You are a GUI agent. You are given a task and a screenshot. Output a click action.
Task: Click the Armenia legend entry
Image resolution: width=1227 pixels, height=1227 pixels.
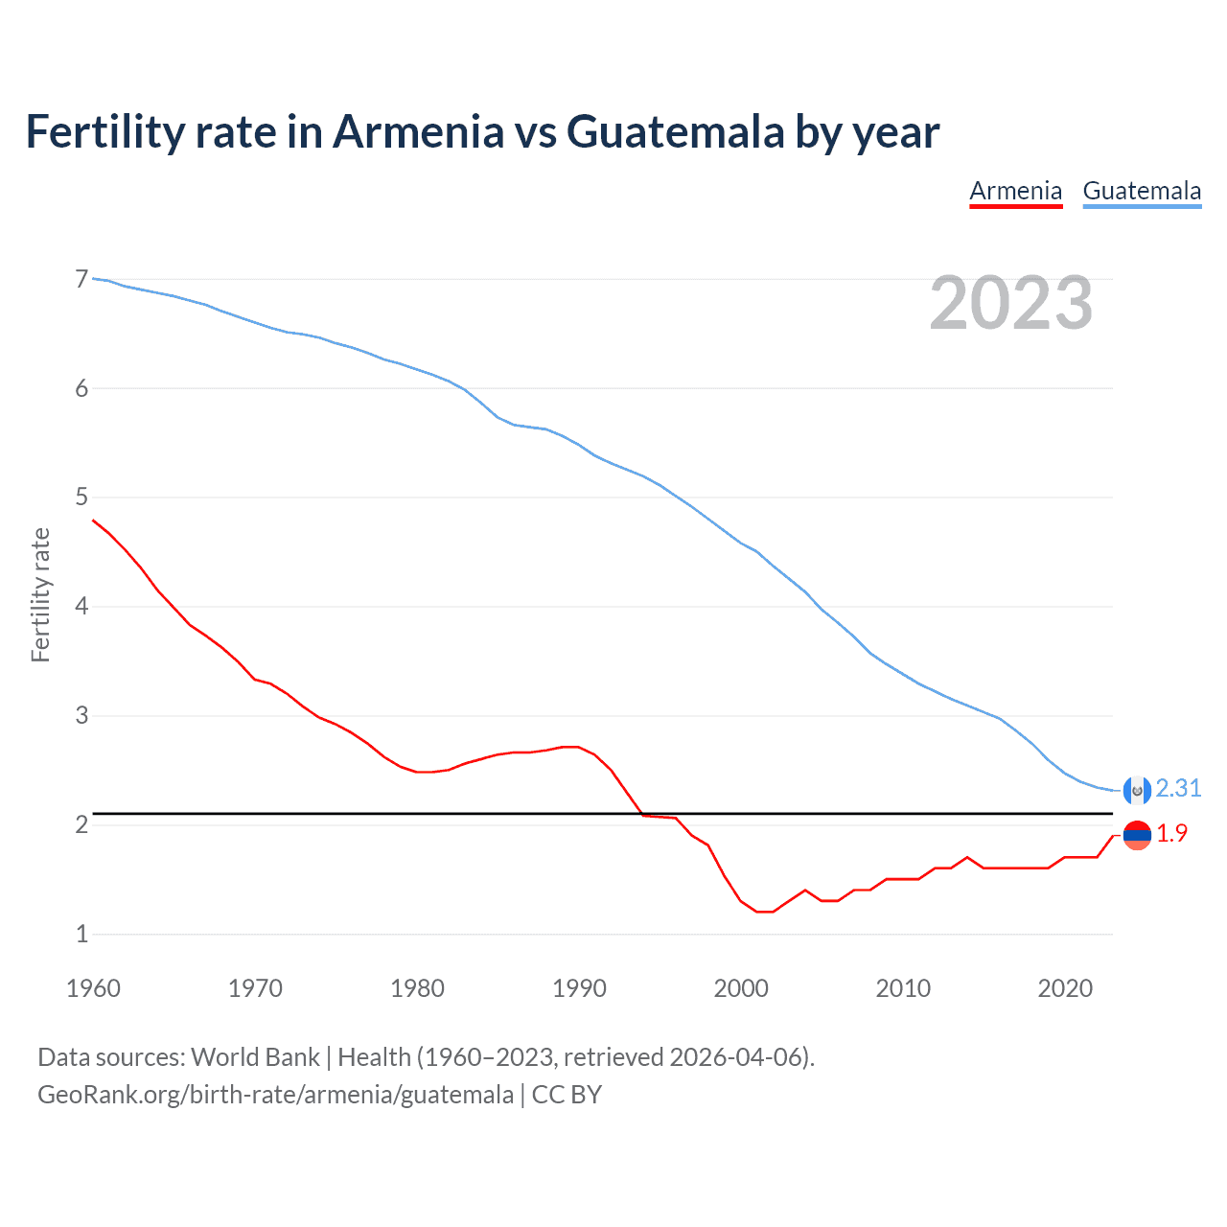click(1015, 191)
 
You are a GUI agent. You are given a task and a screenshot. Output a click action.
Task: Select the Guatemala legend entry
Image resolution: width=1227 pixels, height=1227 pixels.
click(1142, 191)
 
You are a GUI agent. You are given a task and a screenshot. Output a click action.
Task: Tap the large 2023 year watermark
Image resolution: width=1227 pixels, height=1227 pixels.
click(1010, 303)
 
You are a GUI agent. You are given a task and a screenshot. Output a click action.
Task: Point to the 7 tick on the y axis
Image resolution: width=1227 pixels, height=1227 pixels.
click(81, 279)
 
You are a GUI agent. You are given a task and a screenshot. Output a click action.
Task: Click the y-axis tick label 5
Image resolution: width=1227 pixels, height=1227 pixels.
click(81, 497)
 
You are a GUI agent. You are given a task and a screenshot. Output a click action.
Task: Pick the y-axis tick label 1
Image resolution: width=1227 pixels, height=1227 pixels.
click(81, 933)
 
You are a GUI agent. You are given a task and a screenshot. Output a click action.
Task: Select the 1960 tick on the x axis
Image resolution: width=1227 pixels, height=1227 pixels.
click(93, 988)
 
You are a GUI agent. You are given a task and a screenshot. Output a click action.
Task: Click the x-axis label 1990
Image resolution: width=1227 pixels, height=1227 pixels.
click(579, 988)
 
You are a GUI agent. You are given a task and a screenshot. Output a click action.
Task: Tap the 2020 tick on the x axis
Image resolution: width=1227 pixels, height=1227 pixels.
click(1065, 988)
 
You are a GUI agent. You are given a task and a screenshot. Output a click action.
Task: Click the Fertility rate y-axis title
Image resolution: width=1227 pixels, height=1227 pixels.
click(40, 594)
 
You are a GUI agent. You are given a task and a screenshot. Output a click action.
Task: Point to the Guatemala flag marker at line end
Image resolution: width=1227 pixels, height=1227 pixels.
click(1136, 789)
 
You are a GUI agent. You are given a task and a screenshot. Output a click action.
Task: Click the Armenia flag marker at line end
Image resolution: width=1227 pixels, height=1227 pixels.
click(1136, 835)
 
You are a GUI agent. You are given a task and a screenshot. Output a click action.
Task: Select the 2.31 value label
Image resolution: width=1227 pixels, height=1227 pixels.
click(1178, 788)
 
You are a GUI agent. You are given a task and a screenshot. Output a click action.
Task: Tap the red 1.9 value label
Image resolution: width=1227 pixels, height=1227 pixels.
click(1171, 834)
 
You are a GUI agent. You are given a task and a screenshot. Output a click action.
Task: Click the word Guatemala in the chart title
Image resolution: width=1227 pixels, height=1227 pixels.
click(676, 131)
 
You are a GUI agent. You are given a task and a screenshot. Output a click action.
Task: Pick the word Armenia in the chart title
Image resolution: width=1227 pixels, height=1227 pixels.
click(417, 131)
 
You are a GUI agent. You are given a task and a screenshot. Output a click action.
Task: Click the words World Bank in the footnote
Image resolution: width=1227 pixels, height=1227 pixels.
click(255, 1056)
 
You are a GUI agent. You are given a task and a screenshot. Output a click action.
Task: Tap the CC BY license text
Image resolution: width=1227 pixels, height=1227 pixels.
click(567, 1095)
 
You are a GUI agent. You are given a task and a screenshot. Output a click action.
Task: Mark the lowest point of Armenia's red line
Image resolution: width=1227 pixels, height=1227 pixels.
click(764, 912)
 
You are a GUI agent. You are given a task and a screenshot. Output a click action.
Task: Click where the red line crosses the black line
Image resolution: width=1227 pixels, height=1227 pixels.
click(641, 813)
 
